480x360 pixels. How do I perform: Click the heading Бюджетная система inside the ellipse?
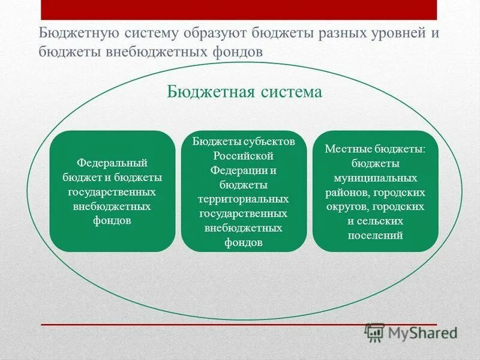[x=244, y=92]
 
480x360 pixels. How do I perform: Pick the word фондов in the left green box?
[x=112, y=220]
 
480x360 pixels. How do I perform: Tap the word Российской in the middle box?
[x=244, y=155]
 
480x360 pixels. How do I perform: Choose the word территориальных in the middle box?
[x=244, y=199]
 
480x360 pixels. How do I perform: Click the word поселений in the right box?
[x=375, y=236]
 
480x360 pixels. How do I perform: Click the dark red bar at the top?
[x=238, y=10]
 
